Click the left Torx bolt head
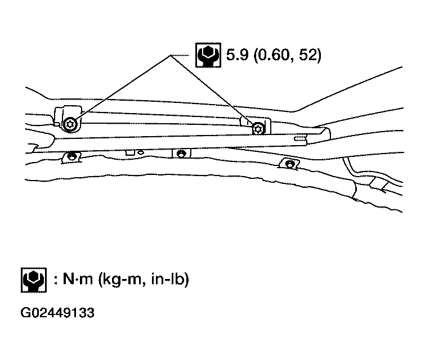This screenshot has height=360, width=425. pyautogui.click(x=70, y=125)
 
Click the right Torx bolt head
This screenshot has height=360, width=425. pyautogui.click(x=258, y=128)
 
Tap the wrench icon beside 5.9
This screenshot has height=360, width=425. pyautogui.click(x=208, y=55)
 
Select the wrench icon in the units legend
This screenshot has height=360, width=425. pyautogui.click(x=34, y=280)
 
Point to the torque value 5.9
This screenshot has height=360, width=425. pyautogui.click(x=237, y=55)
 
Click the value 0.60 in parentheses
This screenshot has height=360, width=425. pyautogui.click(x=275, y=55)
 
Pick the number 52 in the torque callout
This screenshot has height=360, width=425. pyautogui.click(x=308, y=55)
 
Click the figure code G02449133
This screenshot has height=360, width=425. pyautogui.click(x=57, y=313)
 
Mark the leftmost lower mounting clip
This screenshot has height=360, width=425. pyautogui.click(x=71, y=157)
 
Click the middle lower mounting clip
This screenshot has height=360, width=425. pyautogui.click(x=181, y=154)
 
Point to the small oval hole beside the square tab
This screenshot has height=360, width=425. pyautogui.click(x=141, y=152)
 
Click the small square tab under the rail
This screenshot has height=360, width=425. pyautogui.click(x=130, y=152)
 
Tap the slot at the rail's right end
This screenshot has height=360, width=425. pyautogui.click(x=300, y=139)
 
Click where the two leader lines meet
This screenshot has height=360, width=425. pyautogui.click(x=170, y=56)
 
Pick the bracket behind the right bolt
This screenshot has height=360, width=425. pyautogui.click(x=256, y=125)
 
